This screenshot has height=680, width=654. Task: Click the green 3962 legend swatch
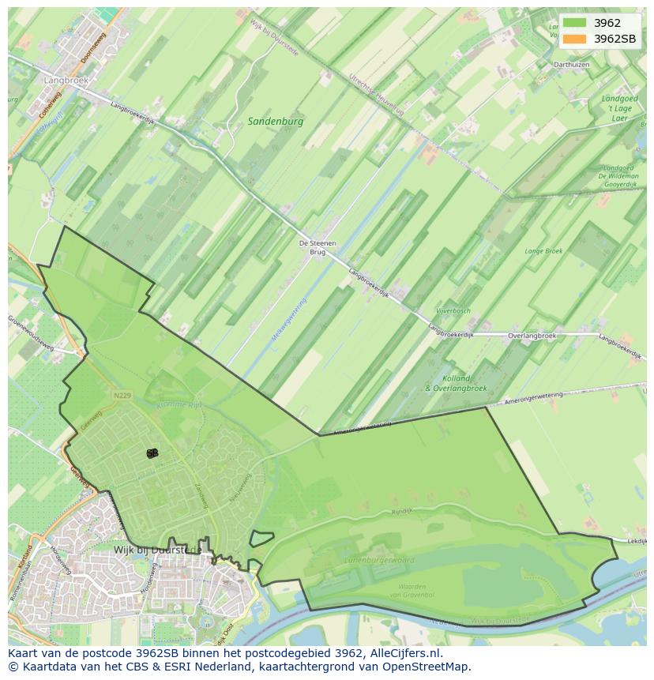point(574,23)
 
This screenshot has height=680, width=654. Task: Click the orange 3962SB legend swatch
point(574,39)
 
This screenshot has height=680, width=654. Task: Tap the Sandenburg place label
point(275,122)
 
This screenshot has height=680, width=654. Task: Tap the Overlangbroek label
point(532,336)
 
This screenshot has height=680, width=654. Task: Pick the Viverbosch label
point(452,311)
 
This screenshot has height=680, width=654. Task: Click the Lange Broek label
point(543,251)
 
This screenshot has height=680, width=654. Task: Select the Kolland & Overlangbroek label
point(457,384)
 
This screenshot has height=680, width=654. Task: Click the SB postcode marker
point(152,453)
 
